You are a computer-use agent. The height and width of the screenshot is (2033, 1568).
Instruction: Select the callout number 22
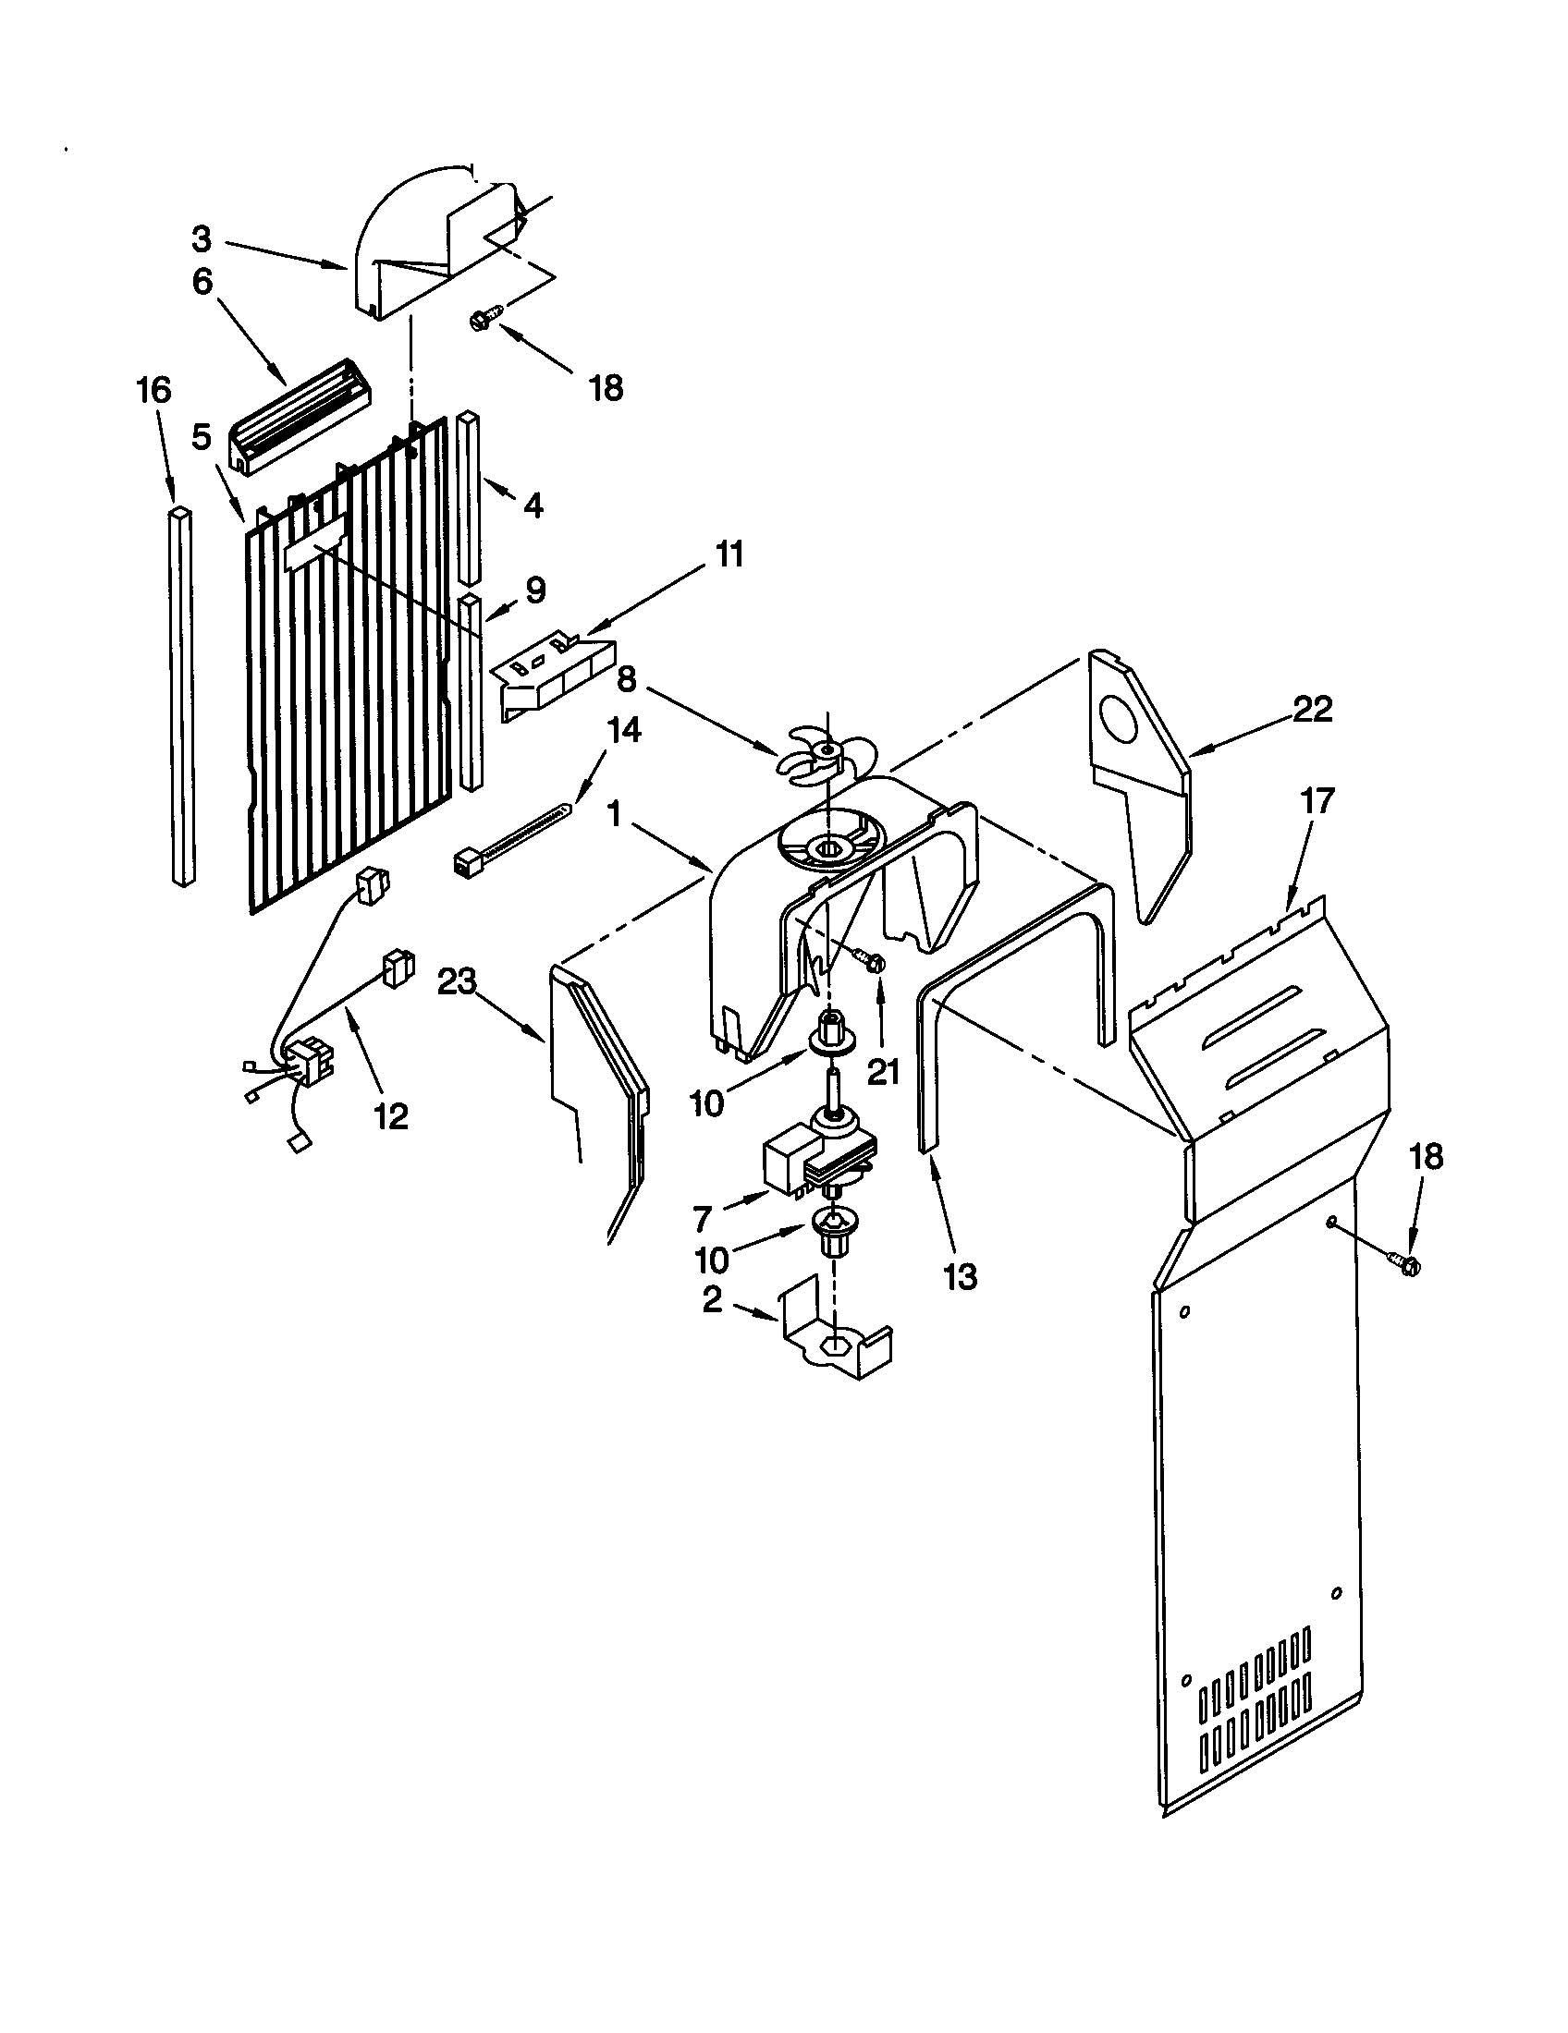tap(1312, 710)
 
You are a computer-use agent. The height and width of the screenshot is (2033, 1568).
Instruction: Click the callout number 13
tap(960, 1276)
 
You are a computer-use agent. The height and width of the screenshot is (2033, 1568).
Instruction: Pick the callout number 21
tap(883, 1072)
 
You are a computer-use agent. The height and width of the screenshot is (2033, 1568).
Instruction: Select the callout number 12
tap(391, 1116)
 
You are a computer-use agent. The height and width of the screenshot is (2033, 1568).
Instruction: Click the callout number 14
tap(624, 730)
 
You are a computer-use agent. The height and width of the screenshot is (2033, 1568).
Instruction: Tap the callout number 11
tap(729, 554)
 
